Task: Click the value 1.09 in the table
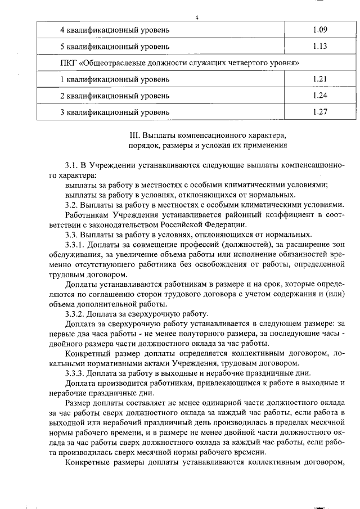pyautogui.click(x=320, y=29)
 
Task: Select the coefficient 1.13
pyautogui.click(x=320, y=46)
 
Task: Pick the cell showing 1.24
pyautogui.click(x=320, y=95)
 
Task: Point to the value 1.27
pyautogui.click(x=320, y=111)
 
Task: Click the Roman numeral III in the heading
pyautogui.click(x=134, y=136)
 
